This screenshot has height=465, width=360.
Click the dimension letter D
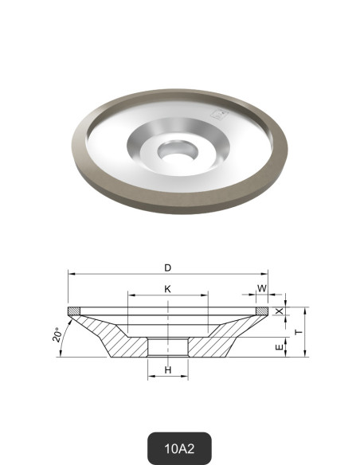[x=168, y=268]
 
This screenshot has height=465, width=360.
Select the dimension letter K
[x=167, y=289]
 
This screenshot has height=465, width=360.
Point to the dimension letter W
[x=262, y=288]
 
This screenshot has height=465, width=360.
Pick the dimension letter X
[x=278, y=311]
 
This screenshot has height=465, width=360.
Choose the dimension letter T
[x=298, y=331]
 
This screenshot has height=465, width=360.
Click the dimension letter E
[x=278, y=348]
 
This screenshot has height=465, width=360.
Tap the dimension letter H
[x=167, y=370]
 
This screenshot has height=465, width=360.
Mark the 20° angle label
[x=57, y=335]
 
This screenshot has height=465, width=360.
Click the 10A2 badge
[x=180, y=447]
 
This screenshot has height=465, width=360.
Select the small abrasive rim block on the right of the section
[x=262, y=310]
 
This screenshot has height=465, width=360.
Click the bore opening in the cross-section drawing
[x=167, y=347]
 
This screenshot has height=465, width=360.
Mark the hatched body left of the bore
[x=119, y=338]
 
